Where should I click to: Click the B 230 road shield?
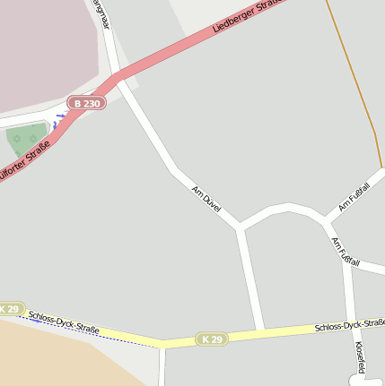click(x=87, y=103)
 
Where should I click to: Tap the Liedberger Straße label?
click(x=248, y=18)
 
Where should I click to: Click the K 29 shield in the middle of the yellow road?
click(x=212, y=339)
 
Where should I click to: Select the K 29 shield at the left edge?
click(x=9, y=309)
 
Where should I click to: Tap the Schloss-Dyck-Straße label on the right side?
click(x=350, y=325)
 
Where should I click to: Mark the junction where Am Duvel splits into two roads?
click(x=240, y=227)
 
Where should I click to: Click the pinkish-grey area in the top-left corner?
click(x=40, y=45)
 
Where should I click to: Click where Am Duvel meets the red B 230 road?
click(x=118, y=79)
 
